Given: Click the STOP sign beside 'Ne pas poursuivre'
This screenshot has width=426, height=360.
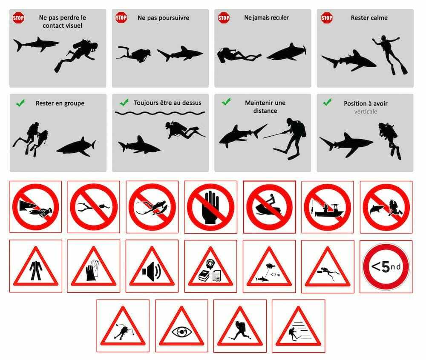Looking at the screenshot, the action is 121,18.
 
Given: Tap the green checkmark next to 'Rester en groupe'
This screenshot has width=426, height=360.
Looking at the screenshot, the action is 20,103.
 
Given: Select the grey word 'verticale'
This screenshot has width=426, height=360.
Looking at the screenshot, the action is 366,111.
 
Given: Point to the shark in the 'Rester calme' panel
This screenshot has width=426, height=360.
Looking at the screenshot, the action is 348,61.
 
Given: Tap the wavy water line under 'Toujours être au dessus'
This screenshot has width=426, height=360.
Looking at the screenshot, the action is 160,113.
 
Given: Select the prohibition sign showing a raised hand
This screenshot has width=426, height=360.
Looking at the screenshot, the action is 210,207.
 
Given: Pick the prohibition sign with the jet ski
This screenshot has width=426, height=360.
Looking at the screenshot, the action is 269,207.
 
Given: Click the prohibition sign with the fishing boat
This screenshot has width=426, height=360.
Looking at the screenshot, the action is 327,207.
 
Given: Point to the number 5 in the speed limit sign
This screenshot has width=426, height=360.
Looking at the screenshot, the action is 386,267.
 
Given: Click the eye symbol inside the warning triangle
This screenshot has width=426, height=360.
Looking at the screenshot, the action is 182,332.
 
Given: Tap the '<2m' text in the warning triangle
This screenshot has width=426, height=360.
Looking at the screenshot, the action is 275,275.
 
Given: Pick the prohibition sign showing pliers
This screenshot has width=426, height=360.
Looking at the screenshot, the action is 94,207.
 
